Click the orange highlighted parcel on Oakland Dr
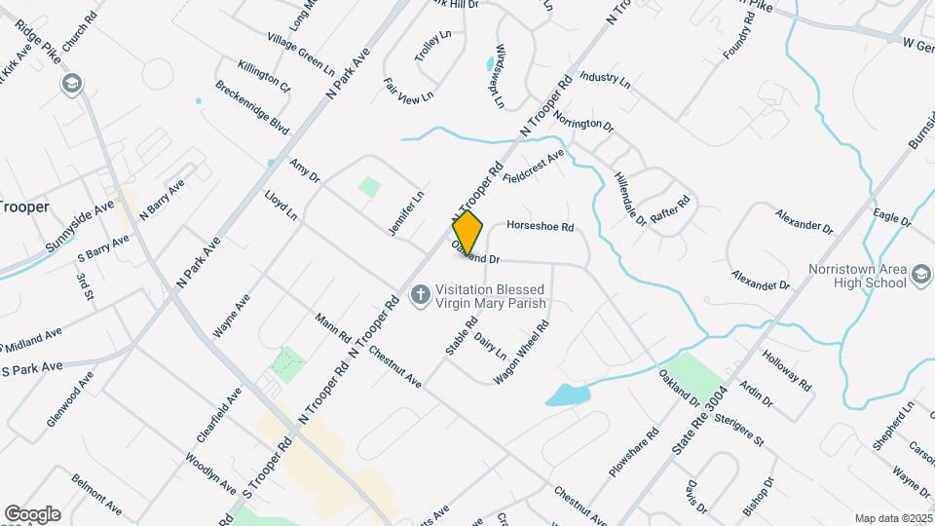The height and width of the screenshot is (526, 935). coord(468,233)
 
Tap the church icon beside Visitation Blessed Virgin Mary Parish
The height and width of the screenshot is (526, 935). coord(420,295)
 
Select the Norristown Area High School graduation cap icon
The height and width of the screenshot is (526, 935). coord(921,277)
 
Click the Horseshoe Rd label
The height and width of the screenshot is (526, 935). coord(541,226)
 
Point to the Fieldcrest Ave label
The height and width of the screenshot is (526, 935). coord(533,169)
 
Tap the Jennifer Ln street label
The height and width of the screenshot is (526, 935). coord(408,212)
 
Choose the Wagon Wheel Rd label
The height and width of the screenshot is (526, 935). coord(529,351)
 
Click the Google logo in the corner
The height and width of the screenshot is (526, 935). coord(32,513)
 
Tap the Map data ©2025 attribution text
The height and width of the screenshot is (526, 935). coord(892,518)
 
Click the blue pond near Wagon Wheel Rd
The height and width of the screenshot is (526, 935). coord(567,394)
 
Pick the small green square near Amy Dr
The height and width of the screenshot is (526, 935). coord(368,186)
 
